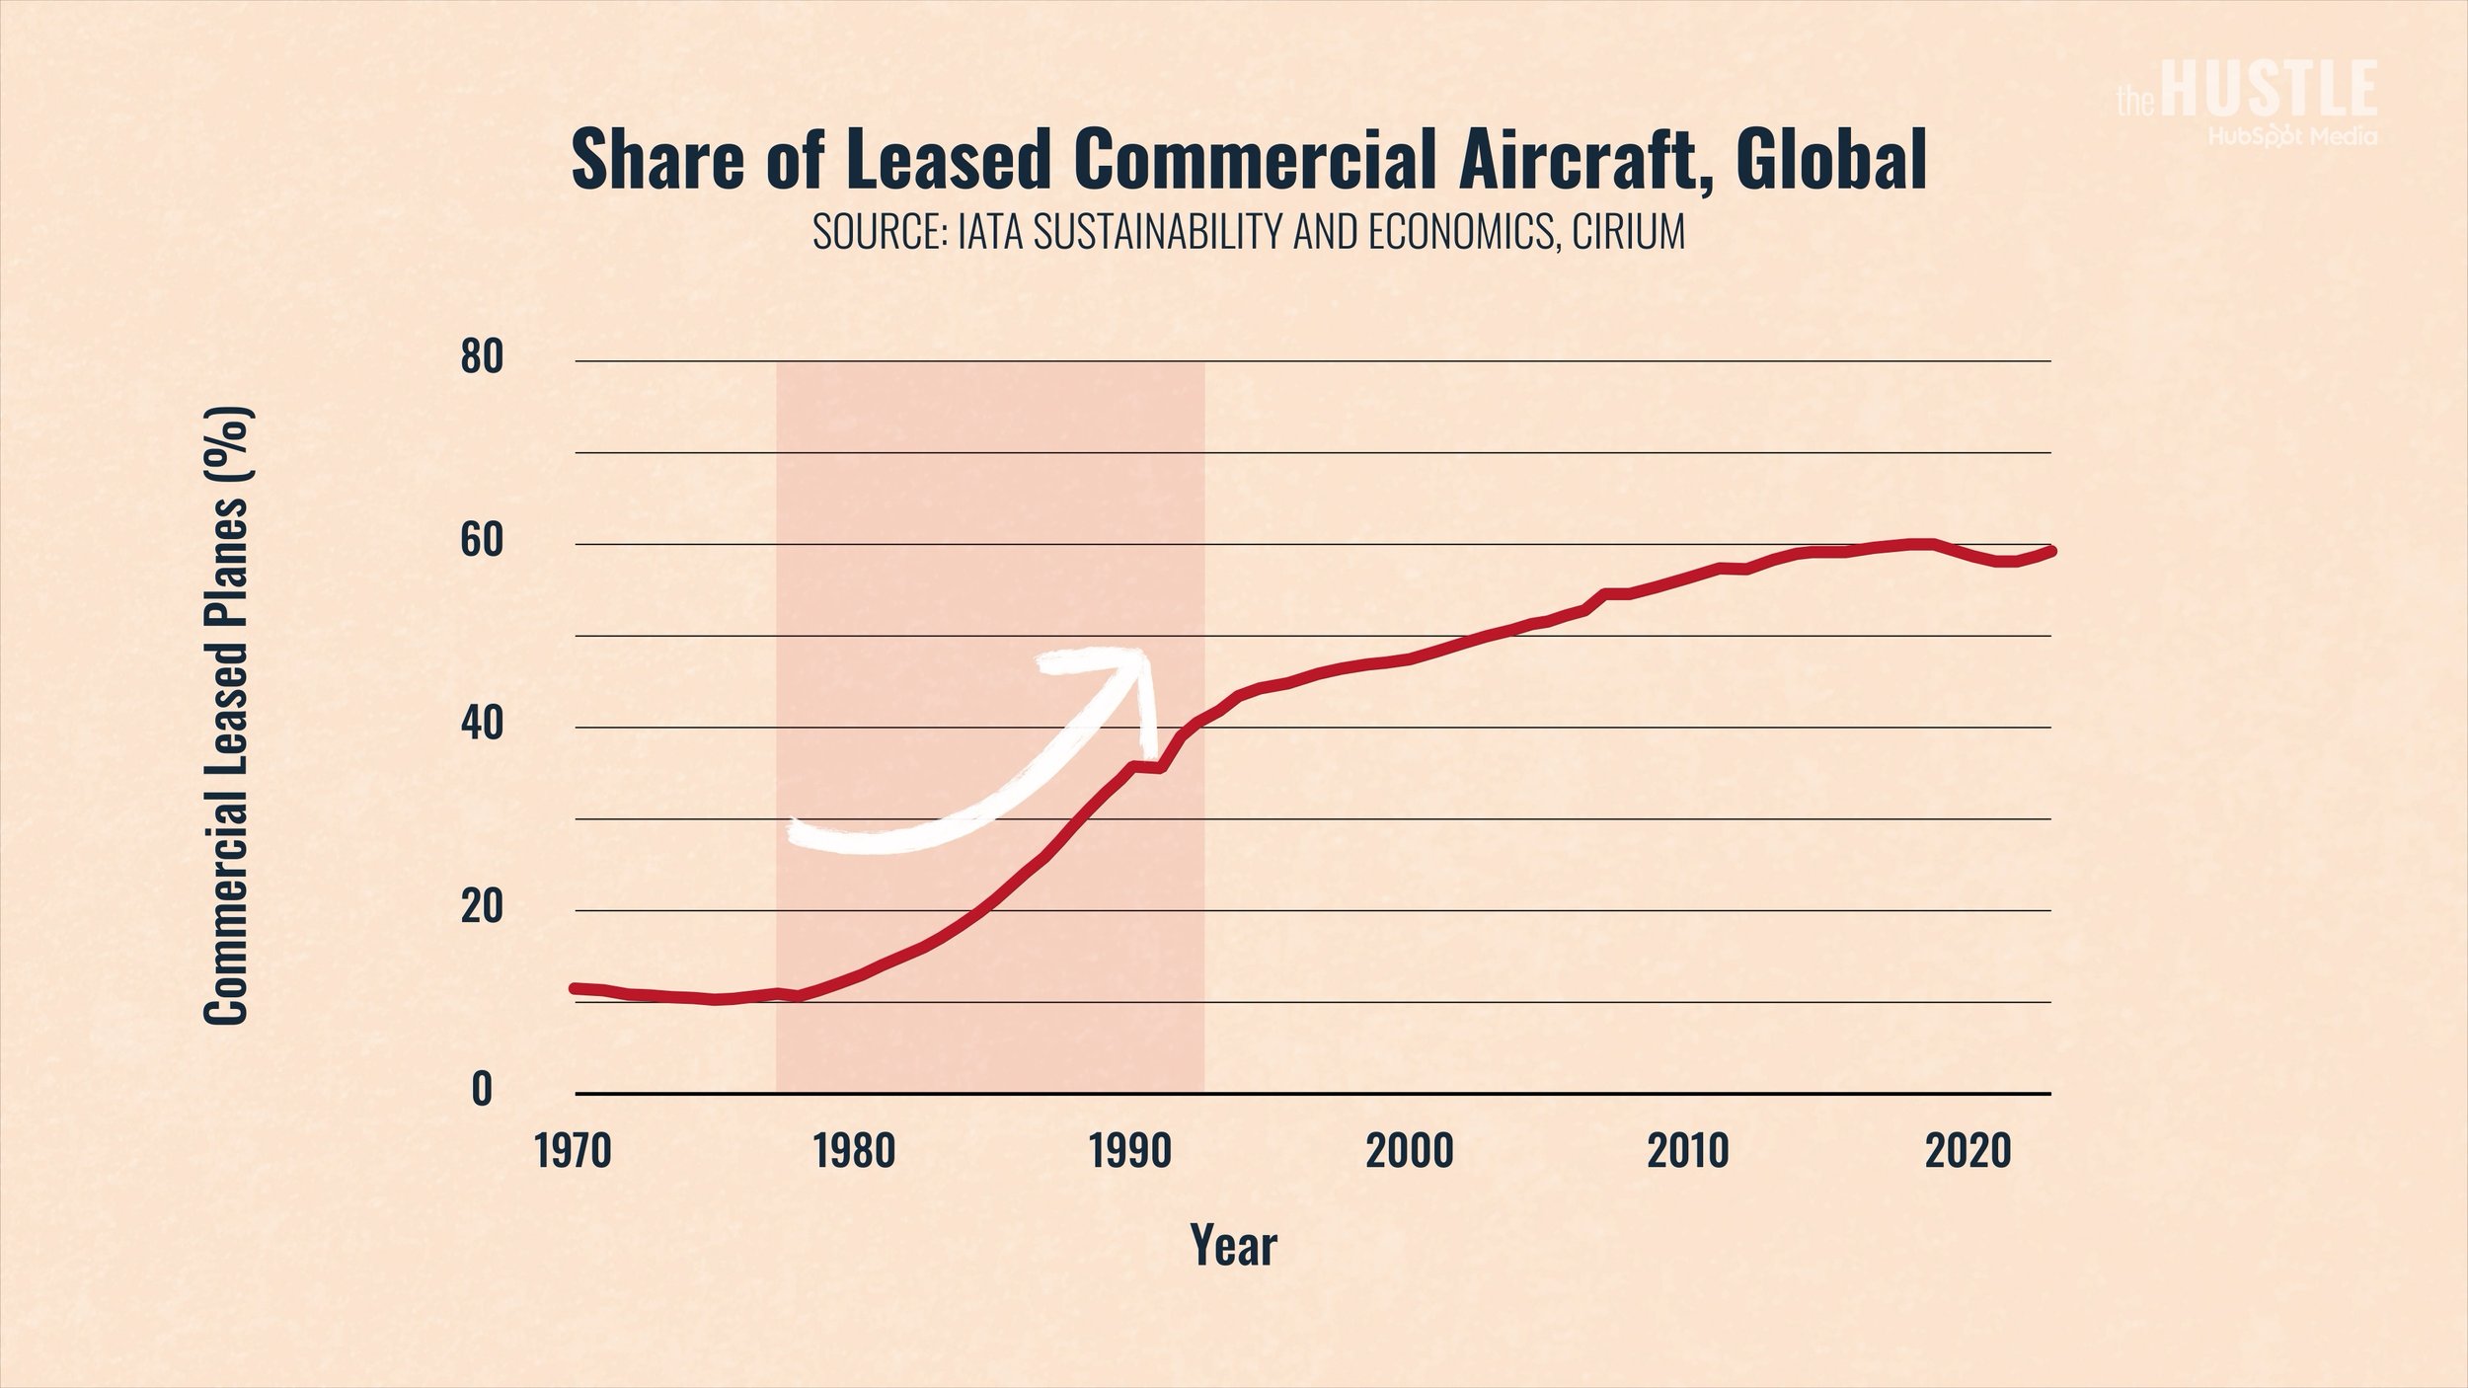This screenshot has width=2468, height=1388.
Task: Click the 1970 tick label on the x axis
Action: (x=574, y=1152)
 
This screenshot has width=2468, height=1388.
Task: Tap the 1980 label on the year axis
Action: (x=854, y=1152)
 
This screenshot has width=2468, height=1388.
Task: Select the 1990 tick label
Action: (x=1131, y=1152)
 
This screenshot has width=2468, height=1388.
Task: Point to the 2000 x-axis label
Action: (x=1410, y=1152)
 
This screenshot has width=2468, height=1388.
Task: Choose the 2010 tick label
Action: (x=1688, y=1152)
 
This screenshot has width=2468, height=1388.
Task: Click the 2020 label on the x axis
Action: (x=1968, y=1152)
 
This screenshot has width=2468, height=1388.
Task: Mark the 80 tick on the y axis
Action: (x=482, y=358)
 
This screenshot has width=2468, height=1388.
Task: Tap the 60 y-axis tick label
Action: (x=482, y=542)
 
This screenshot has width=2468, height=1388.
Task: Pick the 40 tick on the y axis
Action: (x=482, y=726)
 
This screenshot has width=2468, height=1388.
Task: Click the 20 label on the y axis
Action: (x=482, y=908)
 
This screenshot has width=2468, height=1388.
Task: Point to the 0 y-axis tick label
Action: (x=482, y=1090)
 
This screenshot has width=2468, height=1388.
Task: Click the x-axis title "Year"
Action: (x=1233, y=1246)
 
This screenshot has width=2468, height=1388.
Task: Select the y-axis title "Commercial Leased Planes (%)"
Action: (x=228, y=716)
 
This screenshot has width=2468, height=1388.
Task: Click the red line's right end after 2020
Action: (x=2051, y=551)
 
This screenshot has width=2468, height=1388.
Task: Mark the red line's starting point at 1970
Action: (x=574, y=988)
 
